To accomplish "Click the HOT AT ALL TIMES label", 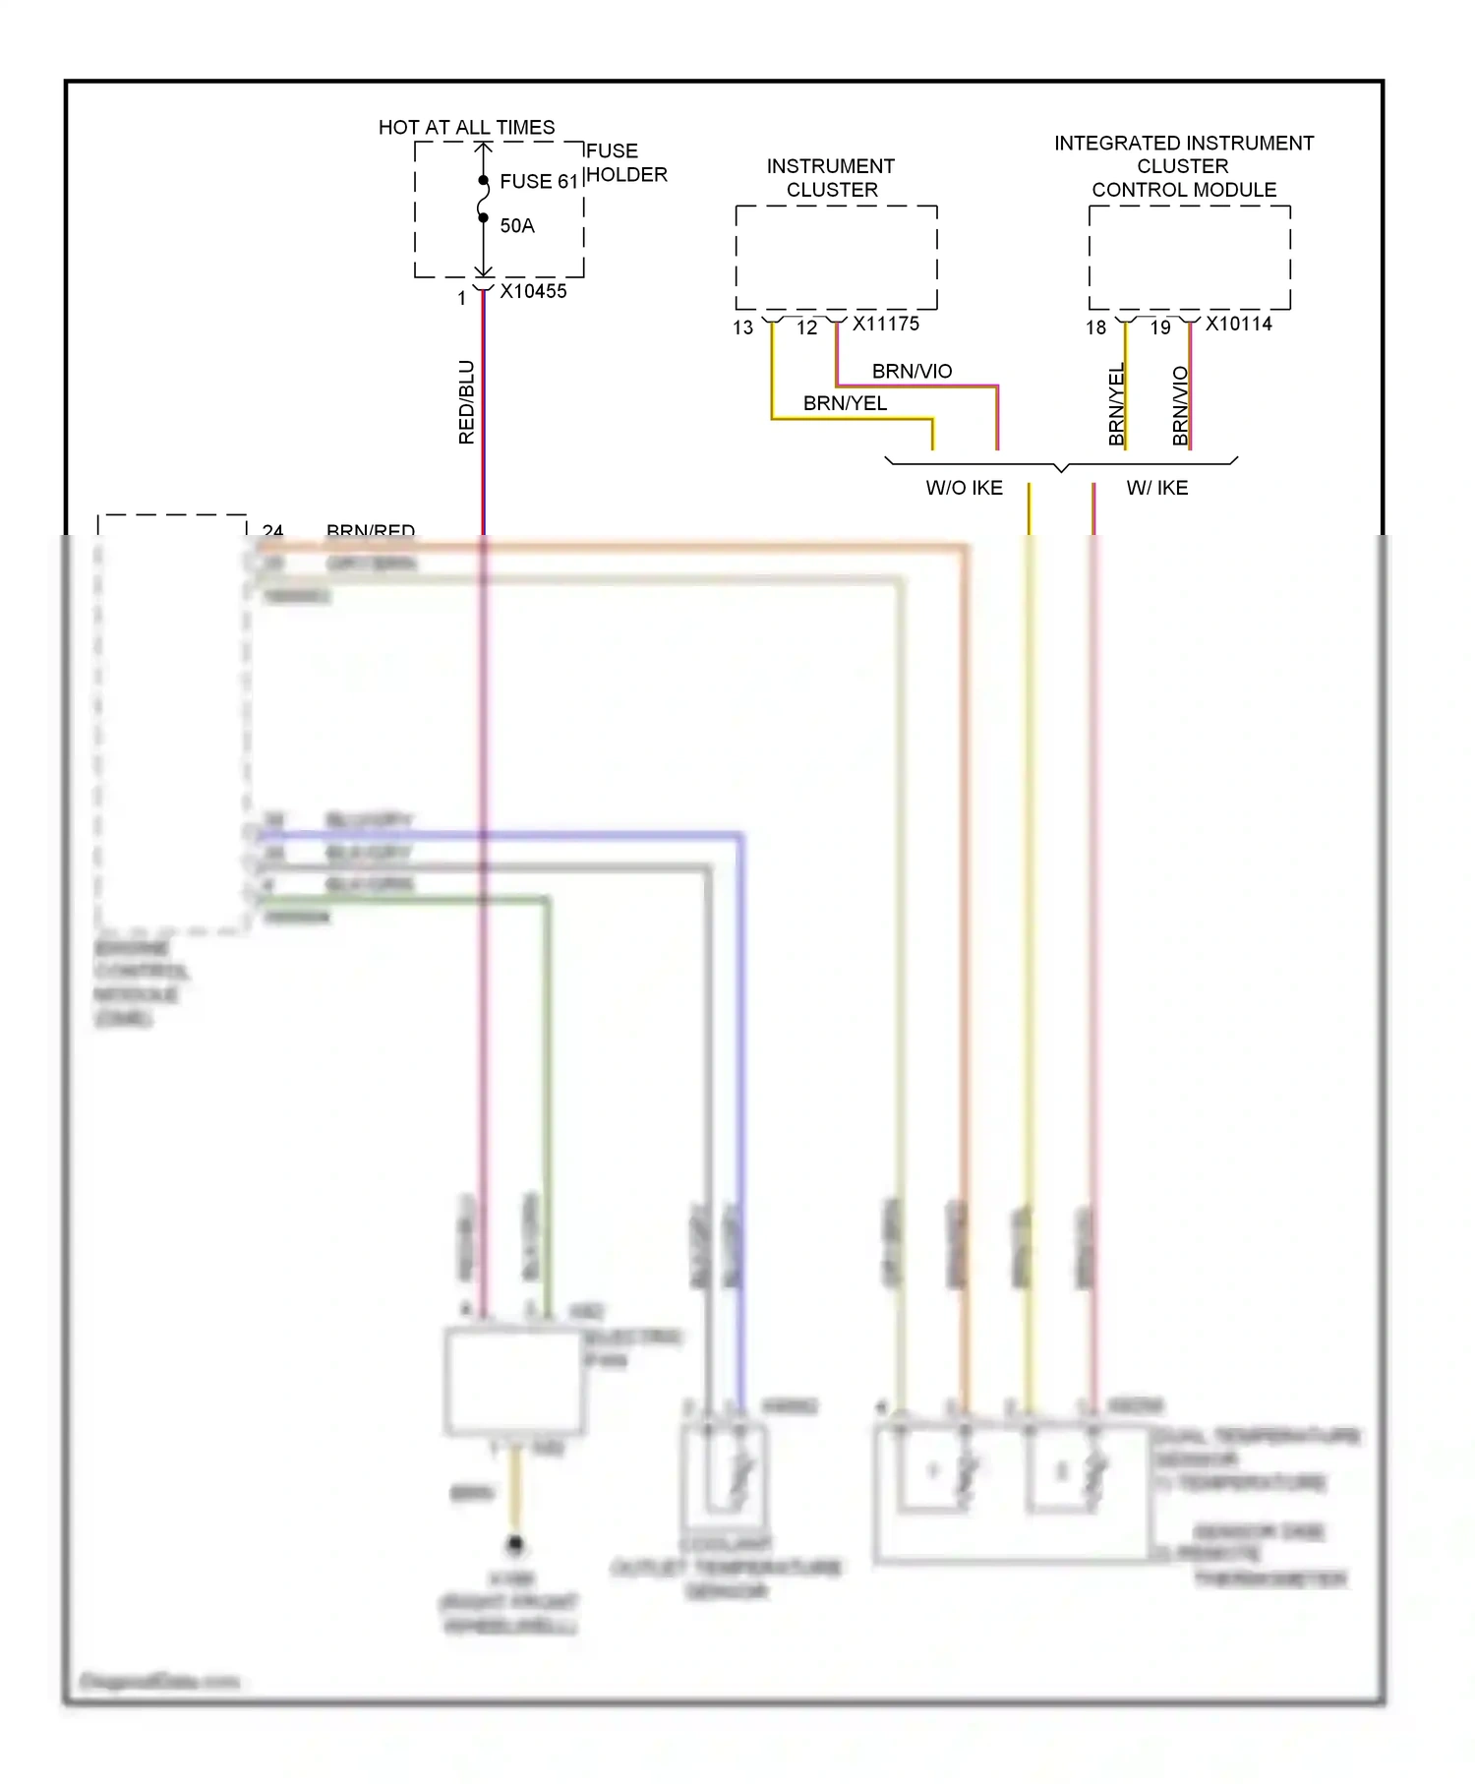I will point(466,127).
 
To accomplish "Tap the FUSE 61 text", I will point(538,181).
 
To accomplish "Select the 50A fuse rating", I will point(517,225).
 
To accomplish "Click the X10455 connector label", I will point(533,291).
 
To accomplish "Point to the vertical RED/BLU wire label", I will point(466,401).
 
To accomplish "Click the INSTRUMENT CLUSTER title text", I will point(831,178).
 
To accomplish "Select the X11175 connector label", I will point(885,324).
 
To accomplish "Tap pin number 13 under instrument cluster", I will point(742,327).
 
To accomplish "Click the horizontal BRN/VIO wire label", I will point(912,371).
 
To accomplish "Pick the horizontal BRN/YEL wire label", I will point(845,403).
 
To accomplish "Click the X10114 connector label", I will point(1238,324).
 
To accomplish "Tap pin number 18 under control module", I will point(1095,327).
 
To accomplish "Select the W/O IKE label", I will point(964,488).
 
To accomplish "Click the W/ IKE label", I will point(1156,488).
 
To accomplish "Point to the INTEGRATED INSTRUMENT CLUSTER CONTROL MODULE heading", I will point(1184,166).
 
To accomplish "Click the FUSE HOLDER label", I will point(626,162).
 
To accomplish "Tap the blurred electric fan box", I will point(514,1381).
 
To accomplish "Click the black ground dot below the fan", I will point(514,1544).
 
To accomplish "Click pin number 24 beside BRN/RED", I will point(272,530).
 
